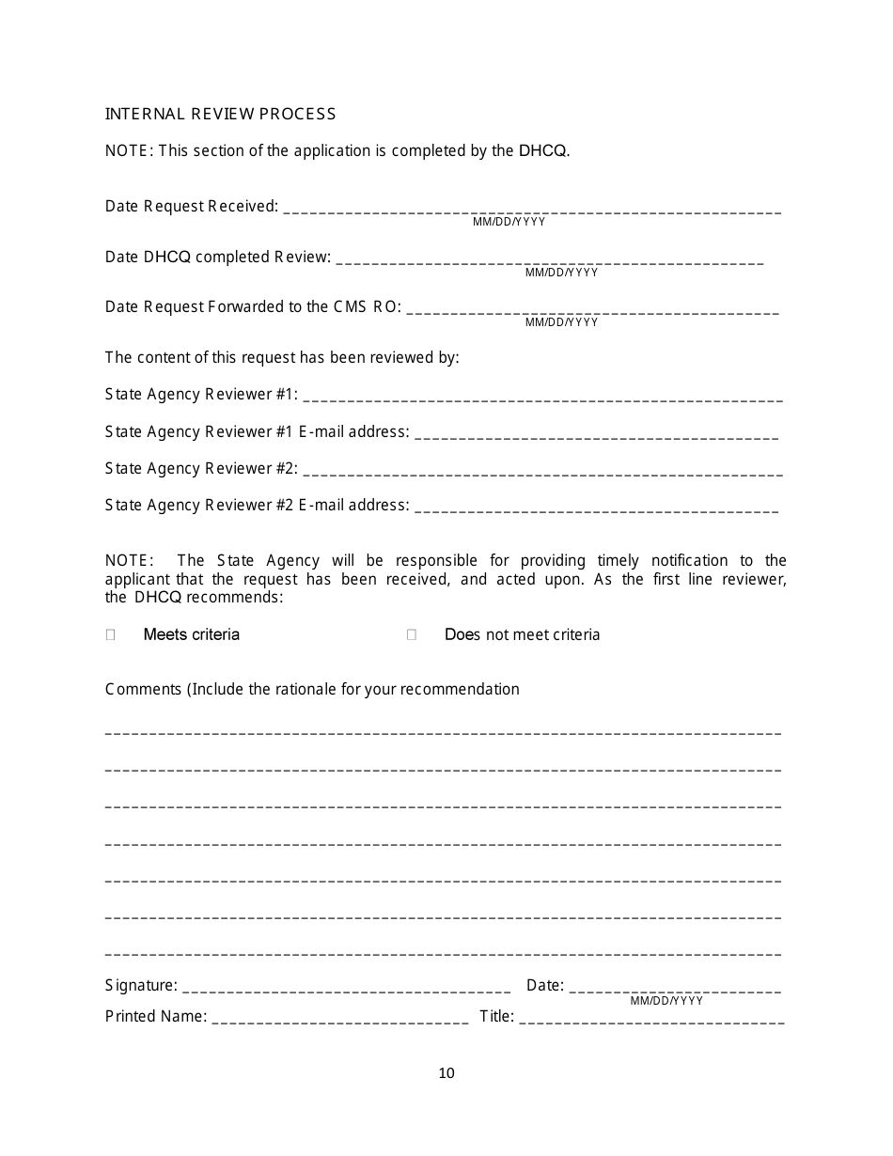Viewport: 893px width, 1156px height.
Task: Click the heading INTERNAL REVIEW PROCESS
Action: (x=220, y=114)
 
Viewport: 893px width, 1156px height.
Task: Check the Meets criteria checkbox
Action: (x=111, y=635)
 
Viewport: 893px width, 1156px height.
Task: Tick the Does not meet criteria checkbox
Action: (x=412, y=635)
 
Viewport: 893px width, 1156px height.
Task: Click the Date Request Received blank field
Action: (x=531, y=209)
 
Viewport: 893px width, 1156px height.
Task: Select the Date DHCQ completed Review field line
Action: (x=549, y=259)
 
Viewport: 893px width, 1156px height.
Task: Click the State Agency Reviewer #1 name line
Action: (x=542, y=397)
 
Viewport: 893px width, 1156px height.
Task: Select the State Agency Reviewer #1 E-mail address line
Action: (x=596, y=434)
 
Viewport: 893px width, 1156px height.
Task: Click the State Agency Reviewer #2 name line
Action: (x=542, y=471)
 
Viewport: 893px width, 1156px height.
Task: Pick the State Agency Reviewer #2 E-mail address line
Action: (x=596, y=508)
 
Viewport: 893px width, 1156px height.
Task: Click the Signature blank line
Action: (x=346, y=988)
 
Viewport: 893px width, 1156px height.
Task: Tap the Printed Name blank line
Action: (x=340, y=1019)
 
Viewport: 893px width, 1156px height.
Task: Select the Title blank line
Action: (x=650, y=1019)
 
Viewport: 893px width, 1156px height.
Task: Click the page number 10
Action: (x=446, y=1073)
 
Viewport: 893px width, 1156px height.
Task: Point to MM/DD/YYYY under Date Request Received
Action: (x=509, y=223)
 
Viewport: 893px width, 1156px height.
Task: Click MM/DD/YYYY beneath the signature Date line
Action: (x=666, y=1001)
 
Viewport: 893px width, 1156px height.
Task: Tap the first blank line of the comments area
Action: (x=443, y=730)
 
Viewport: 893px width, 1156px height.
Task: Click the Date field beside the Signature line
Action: (x=675, y=988)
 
